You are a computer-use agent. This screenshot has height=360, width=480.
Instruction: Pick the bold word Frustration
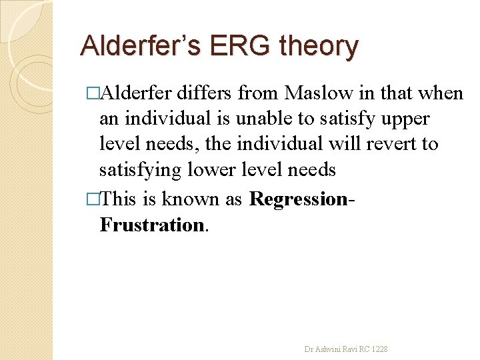[153, 225]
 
